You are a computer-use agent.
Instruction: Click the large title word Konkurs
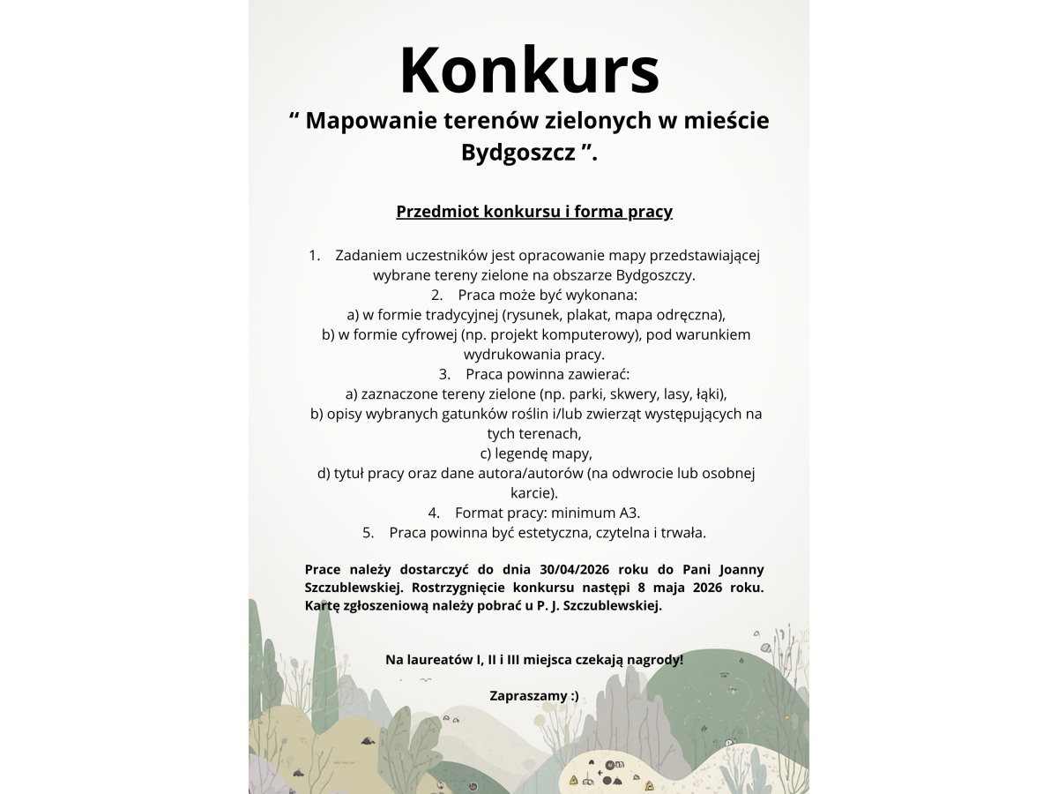pyautogui.click(x=529, y=71)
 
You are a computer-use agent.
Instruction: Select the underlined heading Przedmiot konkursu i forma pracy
pyautogui.click(x=534, y=212)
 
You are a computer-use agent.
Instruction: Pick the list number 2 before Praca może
pyautogui.click(x=436, y=295)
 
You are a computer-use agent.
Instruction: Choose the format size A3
pyautogui.click(x=629, y=513)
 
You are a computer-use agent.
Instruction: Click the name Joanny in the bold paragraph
pyautogui.click(x=741, y=569)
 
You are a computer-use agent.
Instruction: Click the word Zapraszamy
pyautogui.click(x=527, y=695)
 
